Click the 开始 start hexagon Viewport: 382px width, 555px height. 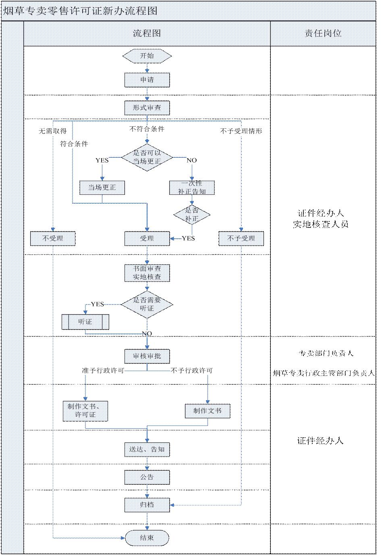(x=147, y=56)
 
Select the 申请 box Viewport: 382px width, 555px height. (x=147, y=80)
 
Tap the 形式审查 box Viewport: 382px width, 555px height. (x=147, y=108)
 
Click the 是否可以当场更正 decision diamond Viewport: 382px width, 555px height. (x=147, y=157)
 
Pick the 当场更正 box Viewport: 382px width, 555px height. (x=102, y=188)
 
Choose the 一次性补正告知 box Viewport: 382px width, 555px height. (x=192, y=188)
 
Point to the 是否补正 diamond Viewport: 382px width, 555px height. (x=192, y=214)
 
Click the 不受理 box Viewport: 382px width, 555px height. (x=53, y=238)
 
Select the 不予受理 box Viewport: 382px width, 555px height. (x=241, y=238)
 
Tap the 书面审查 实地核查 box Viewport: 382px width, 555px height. (x=147, y=273)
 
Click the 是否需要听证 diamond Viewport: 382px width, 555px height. (x=147, y=304)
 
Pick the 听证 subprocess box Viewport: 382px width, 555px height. (x=85, y=322)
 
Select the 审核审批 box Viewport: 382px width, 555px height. (x=147, y=356)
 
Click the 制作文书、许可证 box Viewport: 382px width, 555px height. (x=85, y=411)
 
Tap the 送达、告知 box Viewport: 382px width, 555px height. (x=147, y=449)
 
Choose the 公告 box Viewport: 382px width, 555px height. (x=147, y=477)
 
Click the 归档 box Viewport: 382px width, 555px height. (x=147, y=505)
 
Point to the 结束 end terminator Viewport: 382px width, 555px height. (x=147, y=538)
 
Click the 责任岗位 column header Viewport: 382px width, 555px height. (x=323, y=33)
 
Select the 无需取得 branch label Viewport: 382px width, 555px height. (x=53, y=131)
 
